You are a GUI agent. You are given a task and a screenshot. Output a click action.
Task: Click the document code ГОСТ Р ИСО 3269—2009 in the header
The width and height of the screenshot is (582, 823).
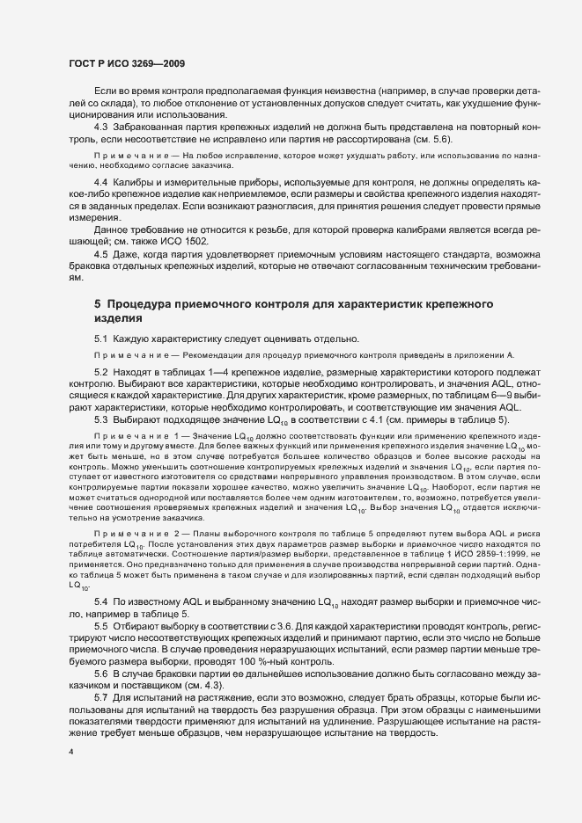click(126, 64)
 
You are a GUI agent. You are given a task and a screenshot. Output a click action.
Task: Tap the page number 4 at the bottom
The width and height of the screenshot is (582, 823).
click(70, 753)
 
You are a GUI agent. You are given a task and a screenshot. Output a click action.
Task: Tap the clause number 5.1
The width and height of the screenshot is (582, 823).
click(101, 339)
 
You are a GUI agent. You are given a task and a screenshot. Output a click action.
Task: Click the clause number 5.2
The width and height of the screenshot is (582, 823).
click(101, 373)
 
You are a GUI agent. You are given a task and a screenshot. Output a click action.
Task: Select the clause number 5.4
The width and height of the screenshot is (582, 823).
click(101, 600)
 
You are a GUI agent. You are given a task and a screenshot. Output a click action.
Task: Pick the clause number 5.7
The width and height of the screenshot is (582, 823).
click(101, 696)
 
